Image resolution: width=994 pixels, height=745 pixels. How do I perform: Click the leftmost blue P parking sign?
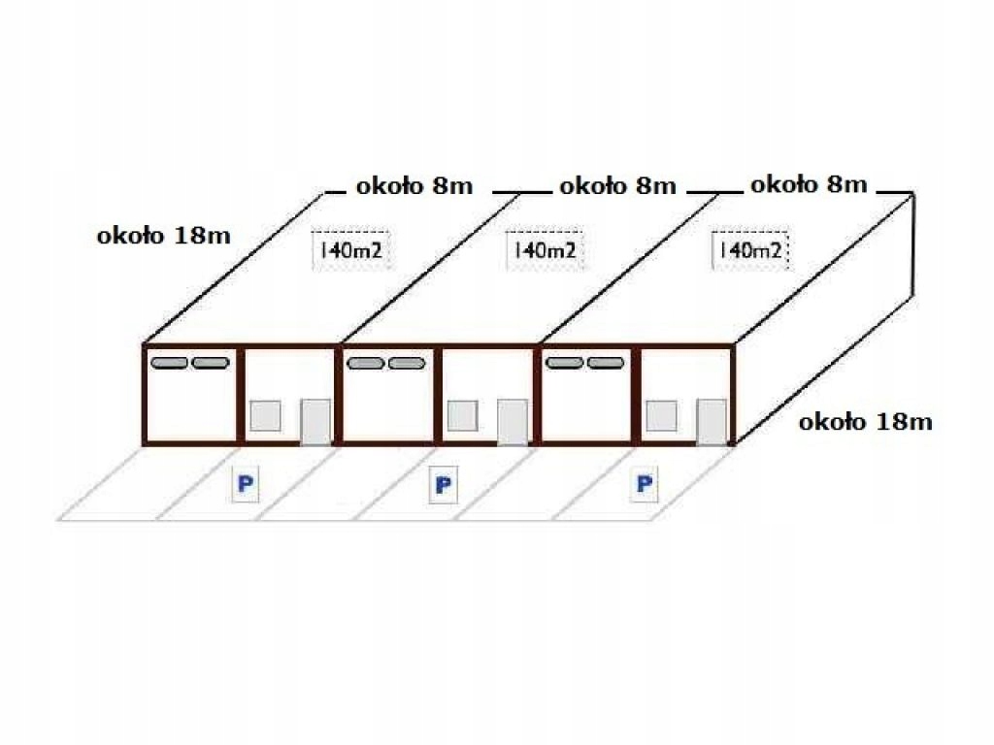[x=246, y=485]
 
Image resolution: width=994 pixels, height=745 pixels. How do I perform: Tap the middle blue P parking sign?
[x=443, y=485]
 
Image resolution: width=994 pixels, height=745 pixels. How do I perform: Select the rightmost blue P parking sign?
[x=645, y=484]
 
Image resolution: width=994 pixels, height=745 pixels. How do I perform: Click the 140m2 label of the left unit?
[x=350, y=250]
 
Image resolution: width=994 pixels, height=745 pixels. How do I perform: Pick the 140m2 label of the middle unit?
[x=545, y=250]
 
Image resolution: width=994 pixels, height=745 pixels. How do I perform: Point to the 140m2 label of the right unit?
[x=750, y=250]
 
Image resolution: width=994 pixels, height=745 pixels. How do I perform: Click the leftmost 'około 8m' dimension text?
[x=414, y=186]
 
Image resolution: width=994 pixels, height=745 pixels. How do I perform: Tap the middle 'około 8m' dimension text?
[x=618, y=186]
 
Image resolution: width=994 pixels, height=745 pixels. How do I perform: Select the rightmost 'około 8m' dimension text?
[x=809, y=185]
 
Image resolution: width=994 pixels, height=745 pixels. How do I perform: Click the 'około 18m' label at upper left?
[x=163, y=236]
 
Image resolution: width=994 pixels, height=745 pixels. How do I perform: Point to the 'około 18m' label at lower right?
[x=865, y=422]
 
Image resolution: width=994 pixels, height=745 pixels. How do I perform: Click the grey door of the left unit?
[x=315, y=421]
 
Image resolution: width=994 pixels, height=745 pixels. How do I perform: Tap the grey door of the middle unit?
[x=513, y=421]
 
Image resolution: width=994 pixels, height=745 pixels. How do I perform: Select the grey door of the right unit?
[x=712, y=421]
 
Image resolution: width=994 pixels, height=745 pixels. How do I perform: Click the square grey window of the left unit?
[x=266, y=415]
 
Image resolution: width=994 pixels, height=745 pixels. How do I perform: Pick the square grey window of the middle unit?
[x=463, y=415]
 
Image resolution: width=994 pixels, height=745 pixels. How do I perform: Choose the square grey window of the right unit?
[x=661, y=415]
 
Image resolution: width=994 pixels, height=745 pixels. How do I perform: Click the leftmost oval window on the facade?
[x=169, y=363]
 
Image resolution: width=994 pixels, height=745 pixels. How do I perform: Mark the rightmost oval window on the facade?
[x=606, y=363]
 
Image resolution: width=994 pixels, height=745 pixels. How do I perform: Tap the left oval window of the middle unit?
[x=366, y=363]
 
